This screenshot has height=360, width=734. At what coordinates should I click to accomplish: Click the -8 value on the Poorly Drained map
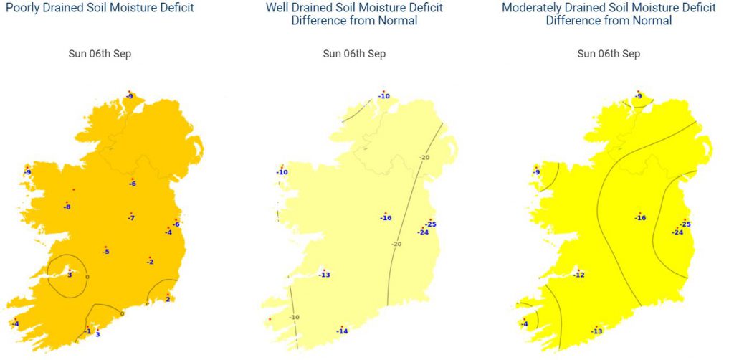67,207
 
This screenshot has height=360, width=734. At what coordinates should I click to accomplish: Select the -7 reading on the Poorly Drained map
131,217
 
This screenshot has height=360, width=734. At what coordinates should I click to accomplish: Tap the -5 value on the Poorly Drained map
105,251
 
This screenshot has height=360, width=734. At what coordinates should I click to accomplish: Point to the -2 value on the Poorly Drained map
150,262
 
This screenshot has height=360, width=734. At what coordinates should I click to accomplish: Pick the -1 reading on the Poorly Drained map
87,331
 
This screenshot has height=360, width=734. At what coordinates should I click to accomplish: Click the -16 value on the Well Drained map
386,218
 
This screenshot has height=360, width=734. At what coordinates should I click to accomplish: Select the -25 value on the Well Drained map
431,224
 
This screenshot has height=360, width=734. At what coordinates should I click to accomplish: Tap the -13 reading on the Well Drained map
324,275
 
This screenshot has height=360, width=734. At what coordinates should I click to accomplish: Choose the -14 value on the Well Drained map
342,331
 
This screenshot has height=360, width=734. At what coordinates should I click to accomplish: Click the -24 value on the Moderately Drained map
677,232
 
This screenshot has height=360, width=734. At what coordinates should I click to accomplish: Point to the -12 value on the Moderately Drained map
579,275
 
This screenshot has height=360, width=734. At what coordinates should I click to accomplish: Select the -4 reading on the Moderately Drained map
524,324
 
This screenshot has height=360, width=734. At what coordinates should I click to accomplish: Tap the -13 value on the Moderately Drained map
596,331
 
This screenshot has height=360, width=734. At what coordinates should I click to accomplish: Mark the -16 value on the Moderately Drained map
640,218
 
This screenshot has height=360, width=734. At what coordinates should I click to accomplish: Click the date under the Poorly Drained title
96,54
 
